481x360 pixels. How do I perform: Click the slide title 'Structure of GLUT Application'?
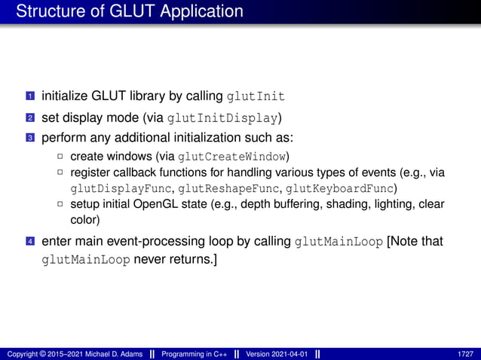129,12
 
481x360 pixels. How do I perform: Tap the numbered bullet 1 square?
30,97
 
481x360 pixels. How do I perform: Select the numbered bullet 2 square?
30,118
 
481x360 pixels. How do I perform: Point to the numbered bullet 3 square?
30,139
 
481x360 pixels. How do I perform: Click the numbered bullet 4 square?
30,243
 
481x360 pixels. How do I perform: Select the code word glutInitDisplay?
223,118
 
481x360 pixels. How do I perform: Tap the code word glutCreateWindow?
231,157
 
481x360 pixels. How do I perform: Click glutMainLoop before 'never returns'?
86,261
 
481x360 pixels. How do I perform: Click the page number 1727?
465,354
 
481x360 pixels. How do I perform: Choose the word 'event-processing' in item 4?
146,243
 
